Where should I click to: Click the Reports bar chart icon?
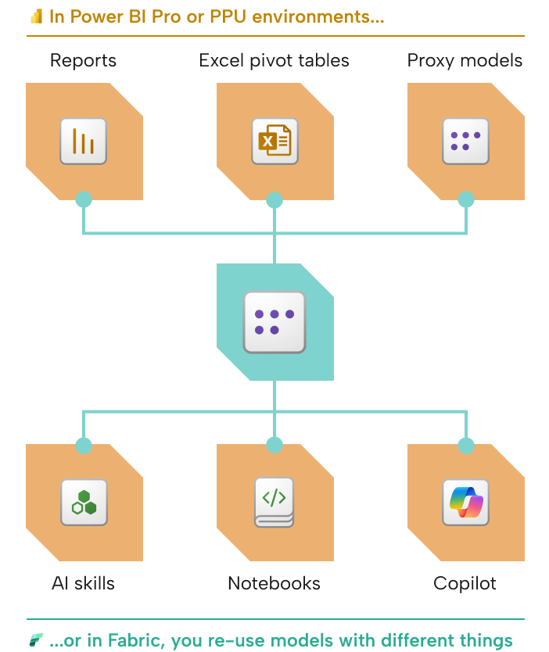tap(84, 142)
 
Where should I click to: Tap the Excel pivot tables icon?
tap(274, 142)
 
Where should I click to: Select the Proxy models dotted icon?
tap(465, 142)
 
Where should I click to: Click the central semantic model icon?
tap(274, 322)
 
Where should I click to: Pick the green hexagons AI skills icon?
tap(84, 503)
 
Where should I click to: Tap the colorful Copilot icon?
tap(465, 503)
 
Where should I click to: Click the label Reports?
tap(84, 60)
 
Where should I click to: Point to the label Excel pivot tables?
tap(274, 60)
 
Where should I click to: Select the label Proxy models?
tap(465, 60)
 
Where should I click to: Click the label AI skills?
tap(84, 583)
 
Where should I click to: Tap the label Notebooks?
tap(274, 583)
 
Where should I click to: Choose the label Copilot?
tap(465, 583)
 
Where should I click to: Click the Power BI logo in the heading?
tap(36, 16)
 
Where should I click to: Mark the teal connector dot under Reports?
tap(84, 200)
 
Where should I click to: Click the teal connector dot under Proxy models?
tap(465, 200)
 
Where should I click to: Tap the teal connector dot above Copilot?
tap(465, 446)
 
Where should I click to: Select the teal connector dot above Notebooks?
tap(274, 446)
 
